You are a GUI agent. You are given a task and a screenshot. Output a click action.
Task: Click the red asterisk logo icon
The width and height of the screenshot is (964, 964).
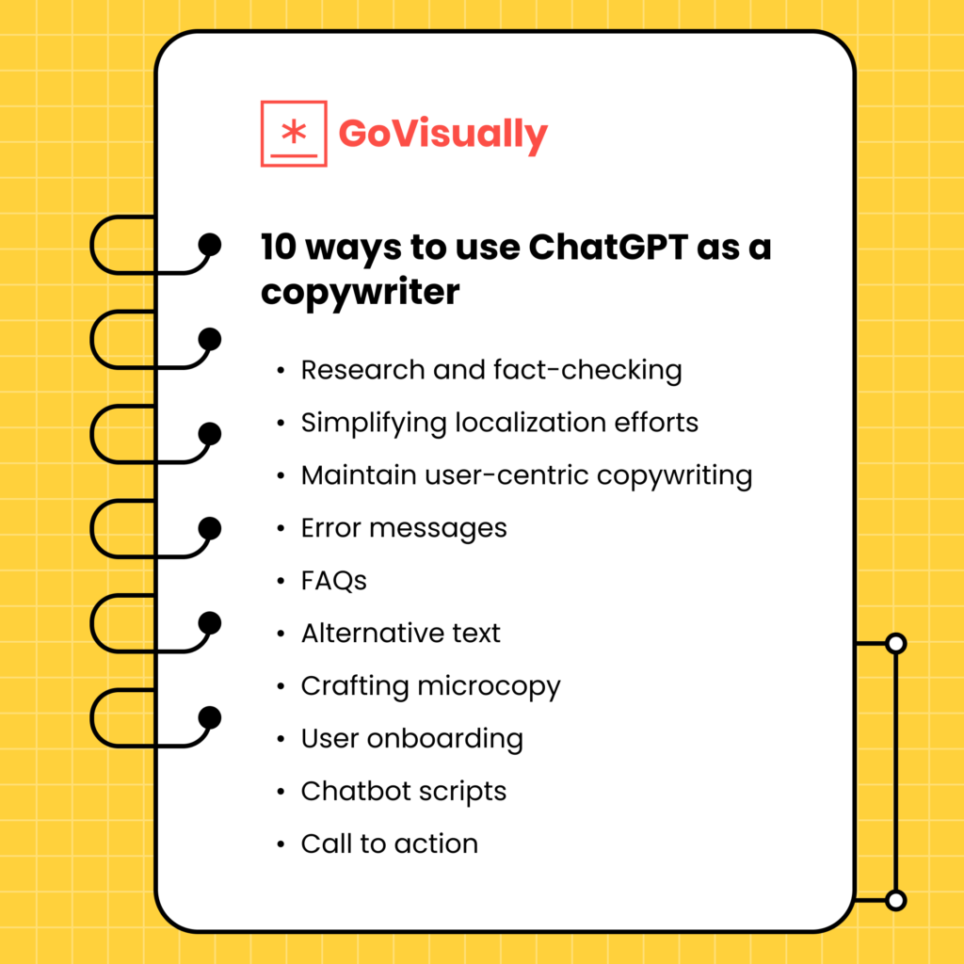click(x=294, y=134)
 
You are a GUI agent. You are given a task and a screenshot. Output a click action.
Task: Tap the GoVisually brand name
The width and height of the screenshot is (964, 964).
click(x=442, y=134)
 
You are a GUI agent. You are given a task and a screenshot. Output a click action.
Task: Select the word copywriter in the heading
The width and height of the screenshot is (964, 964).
click(x=361, y=292)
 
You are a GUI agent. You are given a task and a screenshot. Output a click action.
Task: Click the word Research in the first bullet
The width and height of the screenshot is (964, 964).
click(x=363, y=370)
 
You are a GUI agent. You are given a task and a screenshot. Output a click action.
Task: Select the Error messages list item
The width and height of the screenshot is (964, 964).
click(x=404, y=528)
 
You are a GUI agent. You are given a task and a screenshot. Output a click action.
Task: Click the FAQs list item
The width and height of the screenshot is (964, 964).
click(x=333, y=581)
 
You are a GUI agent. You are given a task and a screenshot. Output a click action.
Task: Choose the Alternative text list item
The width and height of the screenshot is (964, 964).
click(x=401, y=634)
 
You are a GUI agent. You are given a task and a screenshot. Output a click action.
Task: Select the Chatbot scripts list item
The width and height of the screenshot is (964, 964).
click(x=404, y=791)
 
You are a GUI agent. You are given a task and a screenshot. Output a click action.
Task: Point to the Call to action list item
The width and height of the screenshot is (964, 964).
click(x=390, y=843)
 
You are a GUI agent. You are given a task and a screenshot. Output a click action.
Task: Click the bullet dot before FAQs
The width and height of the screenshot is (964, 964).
click(x=281, y=582)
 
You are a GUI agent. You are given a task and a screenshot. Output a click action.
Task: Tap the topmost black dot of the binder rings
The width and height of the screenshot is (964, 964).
click(x=210, y=246)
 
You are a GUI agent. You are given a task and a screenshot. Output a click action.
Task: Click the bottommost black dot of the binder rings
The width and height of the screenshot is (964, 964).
click(x=210, y=718)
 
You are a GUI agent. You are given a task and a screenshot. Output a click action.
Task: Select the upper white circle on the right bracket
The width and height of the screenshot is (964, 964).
click(x=896, y=644)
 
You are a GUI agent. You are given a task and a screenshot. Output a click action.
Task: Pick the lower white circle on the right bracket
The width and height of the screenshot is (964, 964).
click(x=896, y=900)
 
